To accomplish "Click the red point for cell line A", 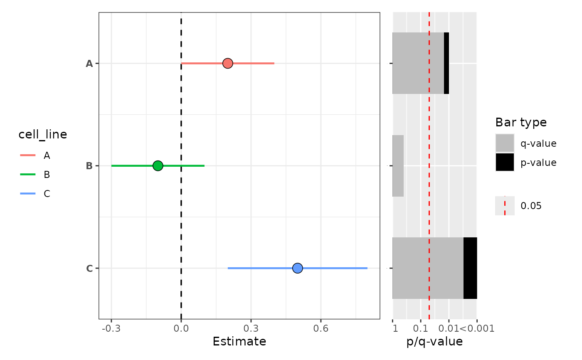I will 227,63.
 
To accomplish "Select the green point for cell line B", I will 158,166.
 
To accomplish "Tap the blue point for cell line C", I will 297,268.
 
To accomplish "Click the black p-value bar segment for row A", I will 446,63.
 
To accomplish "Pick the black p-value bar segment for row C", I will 470,268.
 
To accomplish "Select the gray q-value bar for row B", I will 398,166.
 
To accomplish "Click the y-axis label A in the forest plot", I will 89,64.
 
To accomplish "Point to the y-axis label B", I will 89,166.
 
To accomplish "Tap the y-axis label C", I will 89,269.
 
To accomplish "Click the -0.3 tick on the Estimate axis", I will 111,329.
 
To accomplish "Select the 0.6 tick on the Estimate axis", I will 321,329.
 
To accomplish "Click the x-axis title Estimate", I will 239,342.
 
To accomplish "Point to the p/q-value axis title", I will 434,342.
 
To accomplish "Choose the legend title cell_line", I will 43,134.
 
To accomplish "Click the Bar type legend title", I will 521,122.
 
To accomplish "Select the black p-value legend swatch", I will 505,162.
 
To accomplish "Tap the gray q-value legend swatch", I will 505,143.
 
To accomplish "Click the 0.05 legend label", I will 531,206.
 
